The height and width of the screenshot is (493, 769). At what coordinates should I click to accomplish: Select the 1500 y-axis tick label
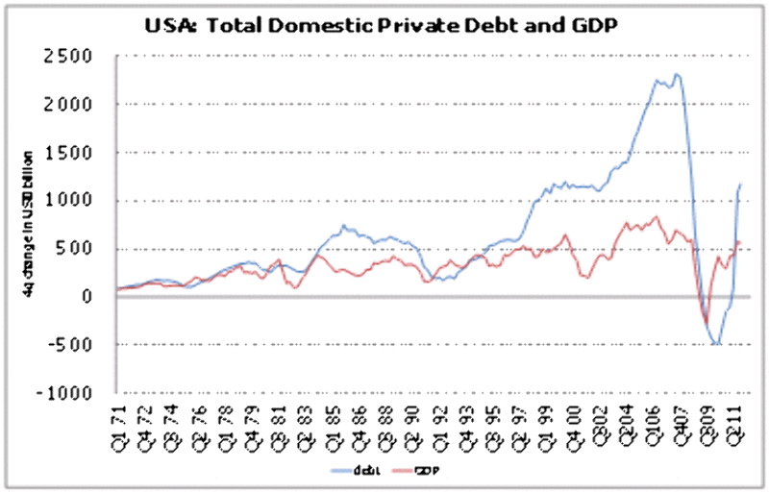pyautogui.click(x=76, y=152)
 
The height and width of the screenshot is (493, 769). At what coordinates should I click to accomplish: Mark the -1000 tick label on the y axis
pyautogui.click(x=70, y=393)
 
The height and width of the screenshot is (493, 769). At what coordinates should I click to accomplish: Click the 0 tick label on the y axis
pyautogui.click(x=91, y=297)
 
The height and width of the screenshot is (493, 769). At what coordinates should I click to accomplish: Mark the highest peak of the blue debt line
pyautogui.click(x=677, y=74)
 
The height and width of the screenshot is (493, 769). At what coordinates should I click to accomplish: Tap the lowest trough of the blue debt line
pyautogui.click(x=716, y=343)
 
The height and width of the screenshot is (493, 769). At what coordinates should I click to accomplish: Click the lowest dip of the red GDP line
pyautogui.click(x=706, y=324)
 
